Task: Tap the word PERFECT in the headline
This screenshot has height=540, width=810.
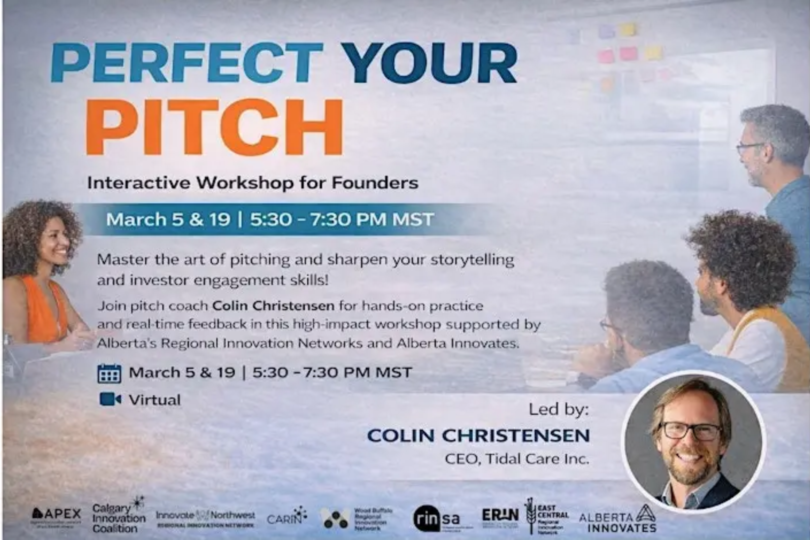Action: tap(187, 63)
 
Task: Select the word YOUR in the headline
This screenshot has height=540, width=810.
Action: tap(431, 63)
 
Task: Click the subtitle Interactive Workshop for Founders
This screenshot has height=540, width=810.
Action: tap(252, 182)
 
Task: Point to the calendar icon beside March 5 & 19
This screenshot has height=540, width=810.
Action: tap(109, 373)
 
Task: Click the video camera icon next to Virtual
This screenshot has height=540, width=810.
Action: tap(110, 399)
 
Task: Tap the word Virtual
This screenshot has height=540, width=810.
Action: tap(154, 400)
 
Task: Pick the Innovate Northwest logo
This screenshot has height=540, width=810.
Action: tap(205, 518)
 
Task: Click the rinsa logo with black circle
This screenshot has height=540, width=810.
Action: tap(436, 519)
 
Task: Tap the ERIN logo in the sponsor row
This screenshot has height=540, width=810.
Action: tap(500, 515)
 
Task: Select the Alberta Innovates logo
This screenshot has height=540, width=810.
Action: tap(618, 520)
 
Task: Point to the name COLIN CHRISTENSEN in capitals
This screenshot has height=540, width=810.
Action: tap(478, 435)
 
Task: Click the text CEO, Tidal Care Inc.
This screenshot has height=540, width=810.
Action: tap(516, 458)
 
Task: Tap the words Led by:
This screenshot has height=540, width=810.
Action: tap(558, 410)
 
